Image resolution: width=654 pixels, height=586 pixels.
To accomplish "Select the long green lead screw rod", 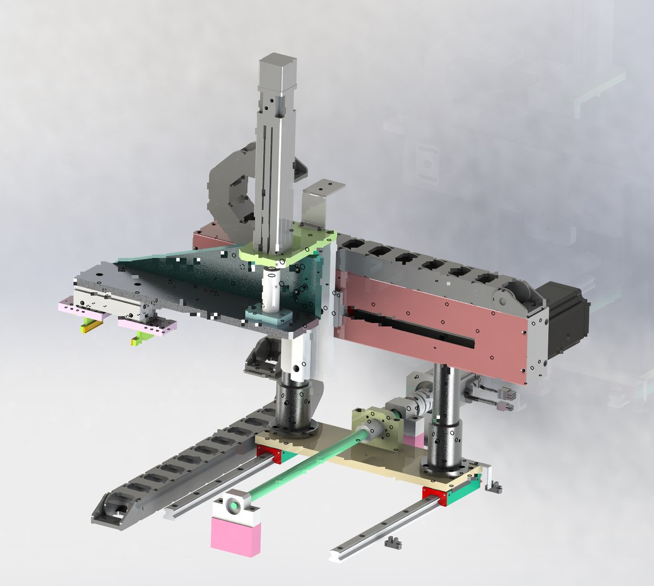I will pyautogui.click(x=304, y=467).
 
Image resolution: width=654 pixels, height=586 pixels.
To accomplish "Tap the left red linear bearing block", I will pyautogui.click(x=269, y=454).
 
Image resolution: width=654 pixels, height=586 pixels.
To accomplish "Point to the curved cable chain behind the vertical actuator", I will pyautogui.click(x=228, y=190).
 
